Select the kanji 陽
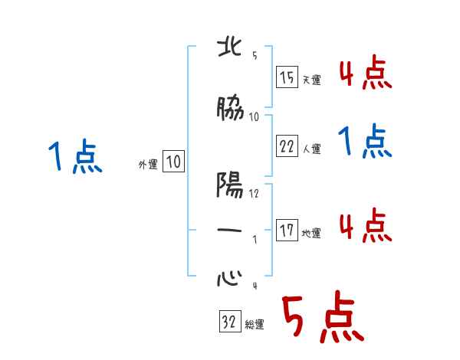coord(231,186)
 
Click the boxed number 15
coord(287,79)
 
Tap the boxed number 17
coord(287,231)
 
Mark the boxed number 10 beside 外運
coord(173,162)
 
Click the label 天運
coord(312,80)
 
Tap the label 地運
coord(312,233)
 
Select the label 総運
coord(255,324)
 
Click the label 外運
coord(148,163)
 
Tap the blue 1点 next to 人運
coord(365,142)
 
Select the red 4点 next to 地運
coord(365,225)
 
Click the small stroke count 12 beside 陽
coord(255,193)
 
